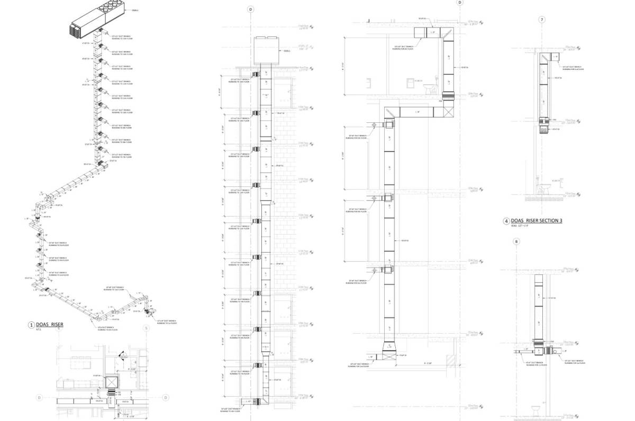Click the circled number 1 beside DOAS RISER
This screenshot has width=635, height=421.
31,325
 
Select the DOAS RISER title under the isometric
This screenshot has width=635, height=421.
50,324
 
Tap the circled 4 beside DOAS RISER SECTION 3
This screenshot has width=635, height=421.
506,221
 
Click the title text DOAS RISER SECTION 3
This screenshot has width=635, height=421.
534,220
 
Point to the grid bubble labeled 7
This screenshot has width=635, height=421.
541,20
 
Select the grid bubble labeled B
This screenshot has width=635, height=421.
516,242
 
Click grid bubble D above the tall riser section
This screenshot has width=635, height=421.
251,10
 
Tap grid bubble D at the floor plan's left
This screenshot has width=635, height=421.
39,397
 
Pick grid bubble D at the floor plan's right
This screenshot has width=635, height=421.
166,397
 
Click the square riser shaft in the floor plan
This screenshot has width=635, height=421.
112,382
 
